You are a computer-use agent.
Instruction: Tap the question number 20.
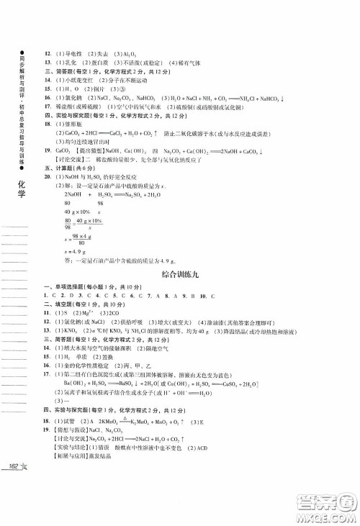[x=48, y=176]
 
